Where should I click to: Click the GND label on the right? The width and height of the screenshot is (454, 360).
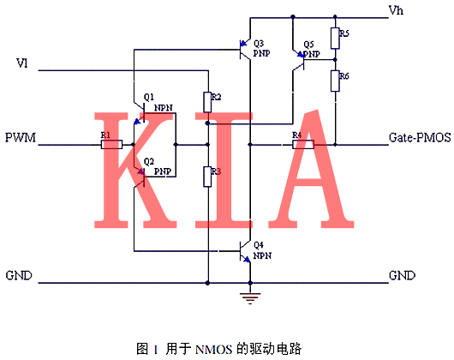pos(402,276)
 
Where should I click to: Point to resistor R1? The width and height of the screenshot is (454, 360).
pos(111,144)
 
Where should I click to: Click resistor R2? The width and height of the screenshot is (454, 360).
pos(207,102)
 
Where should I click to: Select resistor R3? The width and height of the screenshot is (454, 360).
pos(207,177)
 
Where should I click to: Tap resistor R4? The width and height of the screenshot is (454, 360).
pos(302,144)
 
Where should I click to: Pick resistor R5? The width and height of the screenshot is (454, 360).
pos(335,38)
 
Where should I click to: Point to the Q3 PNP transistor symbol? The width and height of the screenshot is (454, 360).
pos(245,51)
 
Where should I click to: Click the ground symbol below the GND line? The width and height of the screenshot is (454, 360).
pos(249,297)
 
